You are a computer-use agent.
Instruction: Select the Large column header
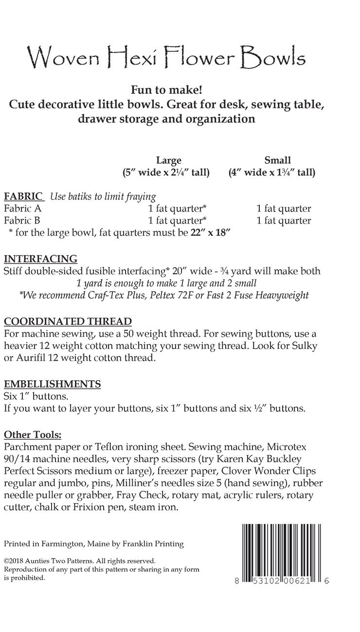[168, 160]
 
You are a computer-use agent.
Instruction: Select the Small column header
[277, 160]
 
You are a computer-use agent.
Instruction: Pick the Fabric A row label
[23, 209]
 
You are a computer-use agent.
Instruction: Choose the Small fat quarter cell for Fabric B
[284, 221]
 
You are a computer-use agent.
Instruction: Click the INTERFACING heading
[40, 258]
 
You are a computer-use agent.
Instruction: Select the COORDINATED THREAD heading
[68, 321]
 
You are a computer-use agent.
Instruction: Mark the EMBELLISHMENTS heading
[52, 384]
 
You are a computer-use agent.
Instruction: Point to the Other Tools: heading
[33, 434]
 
